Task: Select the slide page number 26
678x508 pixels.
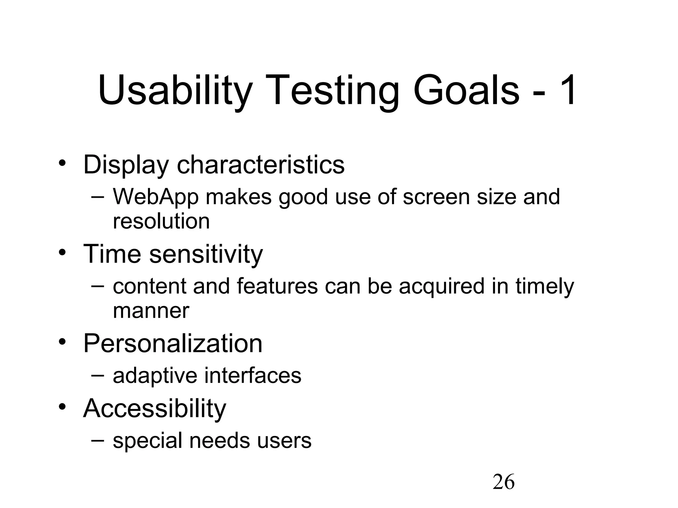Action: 504,482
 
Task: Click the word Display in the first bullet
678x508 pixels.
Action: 126,165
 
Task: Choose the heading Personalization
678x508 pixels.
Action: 172,343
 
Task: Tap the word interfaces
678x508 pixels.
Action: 253,376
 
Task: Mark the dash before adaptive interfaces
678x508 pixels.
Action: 97,375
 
